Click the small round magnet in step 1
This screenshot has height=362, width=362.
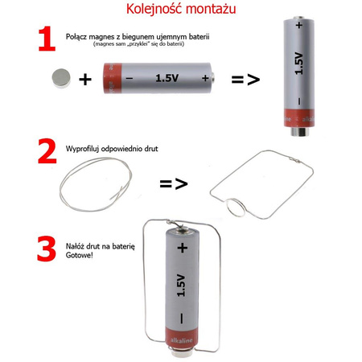coord(60,77)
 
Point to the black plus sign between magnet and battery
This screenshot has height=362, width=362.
coord(85,79)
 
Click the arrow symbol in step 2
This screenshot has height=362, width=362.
coord(173,183)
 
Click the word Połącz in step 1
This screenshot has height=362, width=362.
coord(81,37)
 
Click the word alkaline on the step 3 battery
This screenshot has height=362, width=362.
coord(182,341)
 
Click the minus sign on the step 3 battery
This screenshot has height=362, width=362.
coord(182,319)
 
